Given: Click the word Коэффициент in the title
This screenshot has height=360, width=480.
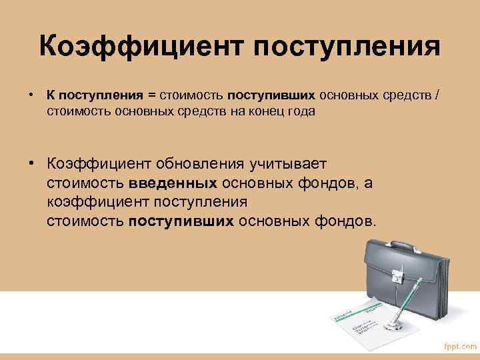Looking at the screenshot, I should (x=141, y=47).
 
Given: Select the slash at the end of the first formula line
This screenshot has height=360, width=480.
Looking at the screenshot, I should (x=436, y=95).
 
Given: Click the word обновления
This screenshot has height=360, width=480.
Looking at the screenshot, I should (x=201, y=164).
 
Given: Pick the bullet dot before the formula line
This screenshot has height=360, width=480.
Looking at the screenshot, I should (x=31, y=95).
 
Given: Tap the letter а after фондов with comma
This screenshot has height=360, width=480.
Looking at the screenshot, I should (x=367, y=183).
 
